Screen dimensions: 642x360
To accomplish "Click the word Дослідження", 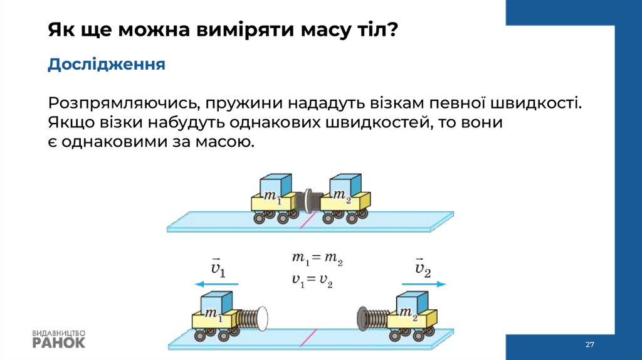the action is click(107, 65).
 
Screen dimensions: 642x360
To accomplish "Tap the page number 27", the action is click(589, 345).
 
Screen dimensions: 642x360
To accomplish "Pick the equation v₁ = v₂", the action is click(312, 280).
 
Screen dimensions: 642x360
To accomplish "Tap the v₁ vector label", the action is click(218, 268).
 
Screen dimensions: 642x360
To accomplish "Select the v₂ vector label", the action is click(423, 268).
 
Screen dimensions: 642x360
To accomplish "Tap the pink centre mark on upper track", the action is click(306, 220).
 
